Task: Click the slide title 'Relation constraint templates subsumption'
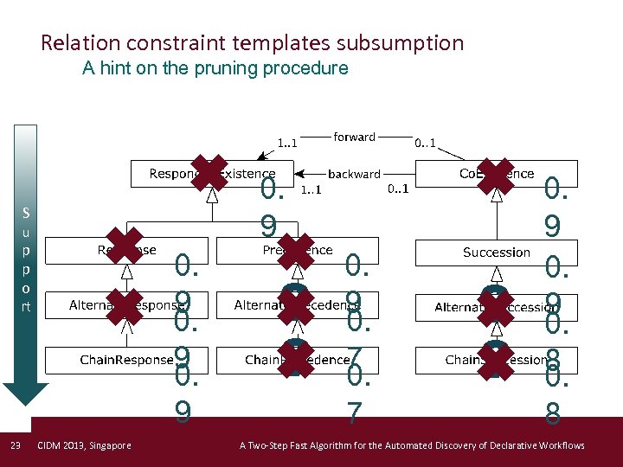252,42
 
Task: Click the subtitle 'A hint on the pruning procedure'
215,68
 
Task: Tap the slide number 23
15,445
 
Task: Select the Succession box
496,253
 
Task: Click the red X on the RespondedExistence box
209,172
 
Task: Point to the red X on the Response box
123,248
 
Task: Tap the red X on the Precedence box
296,251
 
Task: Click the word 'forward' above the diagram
355,137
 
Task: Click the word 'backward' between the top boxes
355,174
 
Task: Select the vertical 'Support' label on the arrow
26,259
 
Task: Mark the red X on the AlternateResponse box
124,306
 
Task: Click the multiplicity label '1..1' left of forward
287,144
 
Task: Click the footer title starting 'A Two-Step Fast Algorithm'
411,445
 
